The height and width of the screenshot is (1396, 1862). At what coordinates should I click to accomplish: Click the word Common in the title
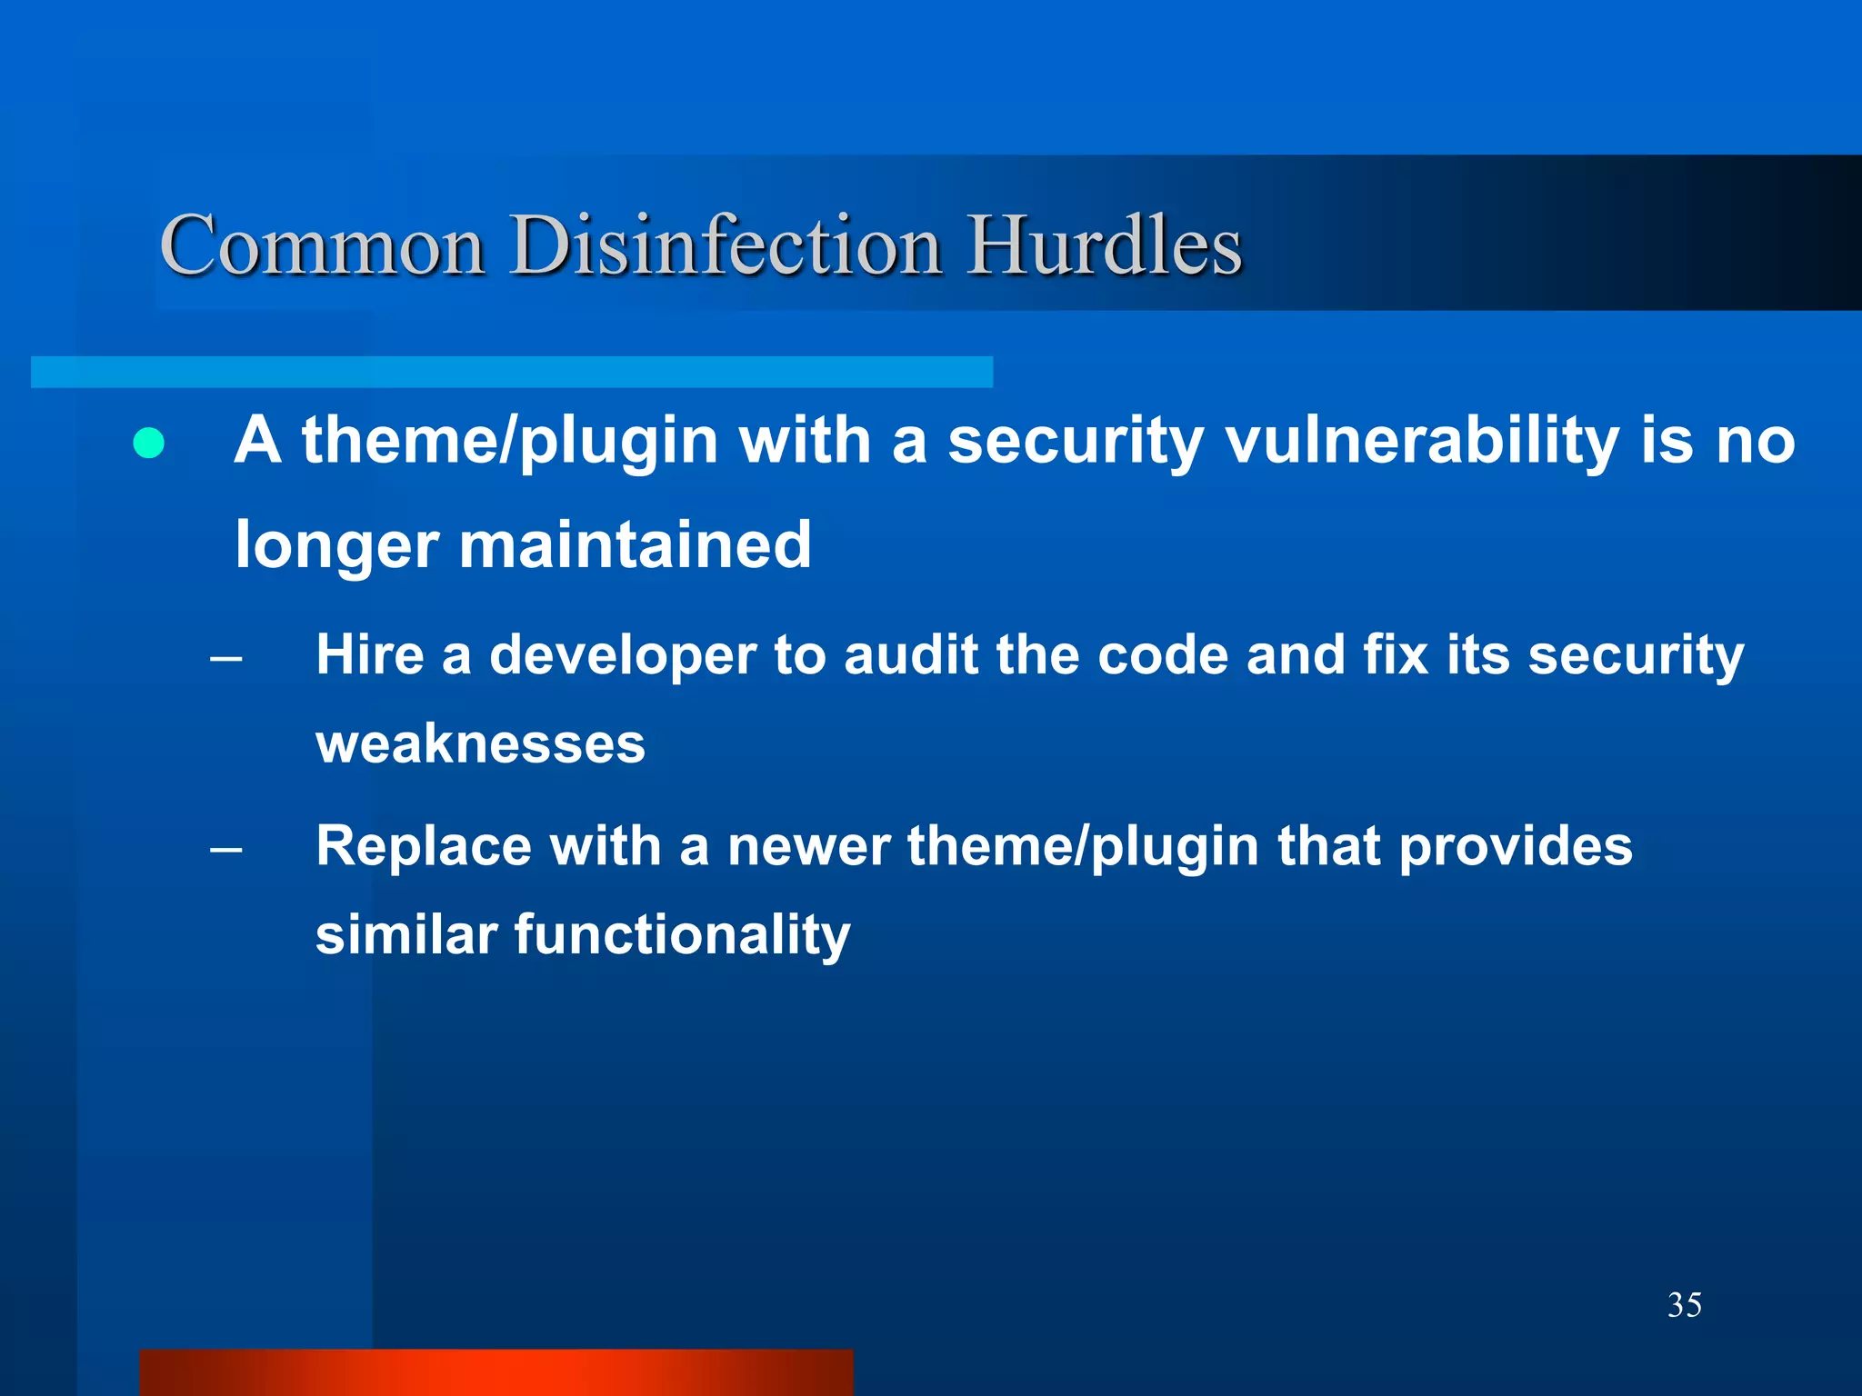coord(322,245)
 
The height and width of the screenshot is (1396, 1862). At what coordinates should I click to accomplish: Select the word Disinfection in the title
coord(726,245)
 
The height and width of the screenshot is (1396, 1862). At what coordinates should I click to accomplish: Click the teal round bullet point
coord(148,443)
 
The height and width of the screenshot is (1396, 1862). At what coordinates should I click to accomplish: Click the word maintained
coord(635,545)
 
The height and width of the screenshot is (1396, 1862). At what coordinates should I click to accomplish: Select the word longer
coord(336,545)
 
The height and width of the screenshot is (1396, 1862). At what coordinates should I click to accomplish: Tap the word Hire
coord(369,654)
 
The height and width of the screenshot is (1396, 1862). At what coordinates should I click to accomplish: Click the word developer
coord(623,656)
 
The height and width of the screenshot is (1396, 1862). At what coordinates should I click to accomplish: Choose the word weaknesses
coord(480,743)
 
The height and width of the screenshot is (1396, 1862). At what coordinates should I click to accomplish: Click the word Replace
coord(423,847)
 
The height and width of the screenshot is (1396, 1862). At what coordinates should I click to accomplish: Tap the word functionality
coord(682,936)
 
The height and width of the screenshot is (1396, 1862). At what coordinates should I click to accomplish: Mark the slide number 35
coord(1684,1305)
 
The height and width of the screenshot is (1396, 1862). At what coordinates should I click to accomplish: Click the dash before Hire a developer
coord(225,658)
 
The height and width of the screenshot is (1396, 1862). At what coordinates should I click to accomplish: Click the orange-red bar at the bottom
coord(496,1372)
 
